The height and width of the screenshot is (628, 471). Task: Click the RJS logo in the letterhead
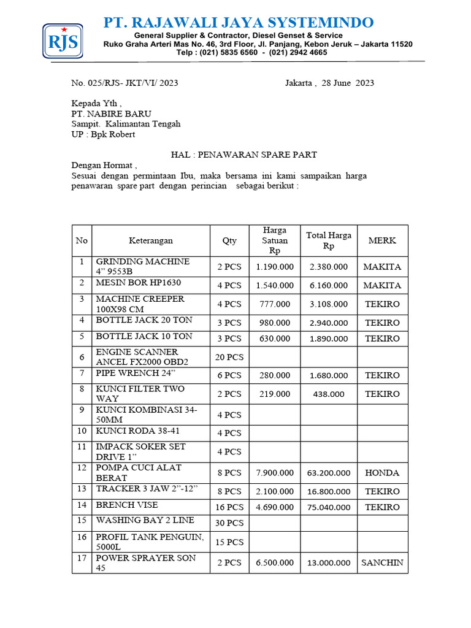tap(63, 42)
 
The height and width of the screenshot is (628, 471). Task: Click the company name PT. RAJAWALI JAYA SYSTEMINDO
tap(239, 23)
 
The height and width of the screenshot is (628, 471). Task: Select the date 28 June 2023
tap(347, 83)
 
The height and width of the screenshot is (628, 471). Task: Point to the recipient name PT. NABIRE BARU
tap(111, 113)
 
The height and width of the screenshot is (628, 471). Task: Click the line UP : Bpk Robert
tap(103, 134)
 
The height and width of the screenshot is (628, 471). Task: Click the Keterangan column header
tap(150, 240)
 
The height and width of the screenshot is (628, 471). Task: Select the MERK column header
tap(382, 240)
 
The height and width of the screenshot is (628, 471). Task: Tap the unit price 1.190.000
tap(275, 267)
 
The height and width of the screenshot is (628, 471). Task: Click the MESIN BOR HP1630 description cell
tap(139, 283)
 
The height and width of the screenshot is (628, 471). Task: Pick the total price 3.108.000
tap(329, 304)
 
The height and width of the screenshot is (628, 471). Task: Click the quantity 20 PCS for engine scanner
tap(229, 357)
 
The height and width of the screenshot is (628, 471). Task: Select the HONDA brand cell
tap(382, 473)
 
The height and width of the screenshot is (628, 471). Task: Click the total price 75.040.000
tap(329, 507)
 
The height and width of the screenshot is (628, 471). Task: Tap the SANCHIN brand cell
tap(382, 563)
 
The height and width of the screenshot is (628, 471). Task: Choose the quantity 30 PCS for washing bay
tap(229, 523)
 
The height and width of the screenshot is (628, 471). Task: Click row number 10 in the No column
tap(81, 431)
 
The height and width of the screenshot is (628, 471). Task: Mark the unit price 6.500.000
tap(275, 563)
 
